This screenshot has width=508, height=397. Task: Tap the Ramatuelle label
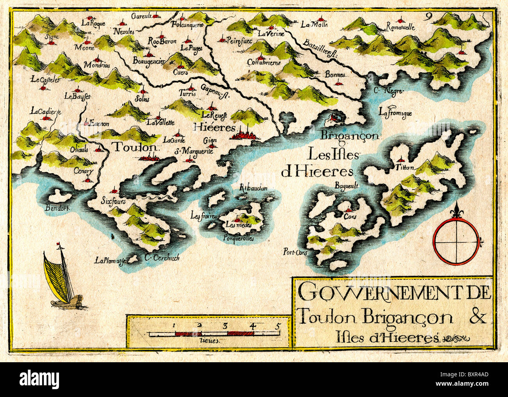point(400,27)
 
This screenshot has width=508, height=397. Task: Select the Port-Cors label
point(295,252)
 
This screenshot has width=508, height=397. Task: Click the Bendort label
point(57,208)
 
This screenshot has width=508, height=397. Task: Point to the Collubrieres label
point(264,63)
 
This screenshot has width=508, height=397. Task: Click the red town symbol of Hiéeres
point(244,135)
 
